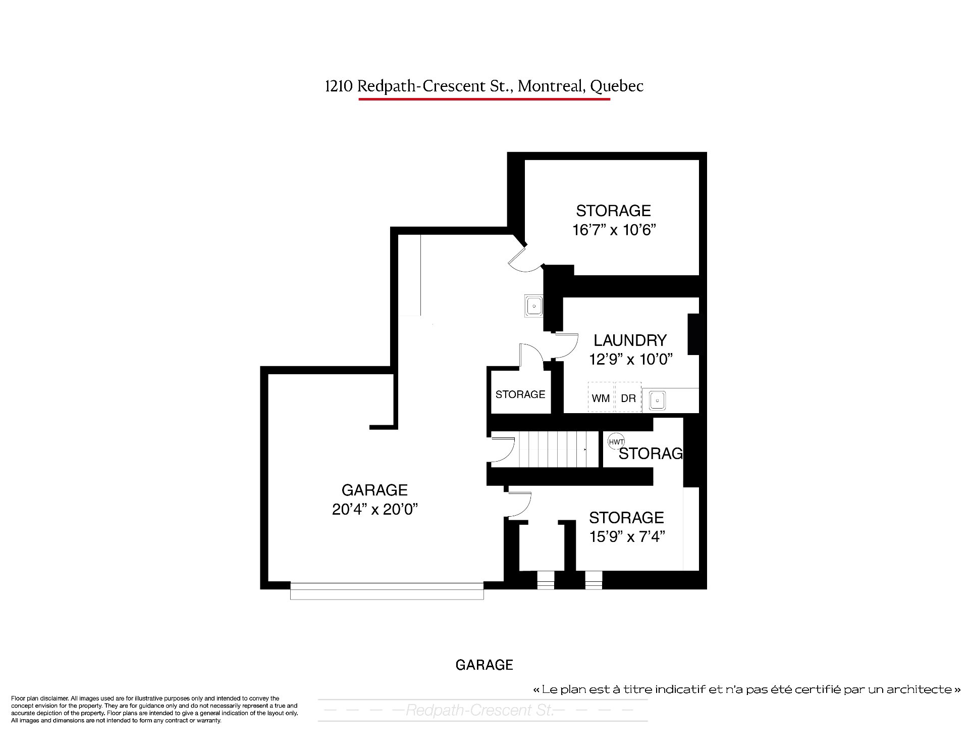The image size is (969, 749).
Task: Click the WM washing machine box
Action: coord(601,397)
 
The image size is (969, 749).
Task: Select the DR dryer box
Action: coord(628,397)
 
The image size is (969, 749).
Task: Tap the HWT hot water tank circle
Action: coord(616,441)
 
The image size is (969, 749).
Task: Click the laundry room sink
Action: coord(658,401)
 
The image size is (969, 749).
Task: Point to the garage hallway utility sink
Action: coord(533,306)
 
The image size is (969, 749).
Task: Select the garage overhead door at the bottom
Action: coord(387,591)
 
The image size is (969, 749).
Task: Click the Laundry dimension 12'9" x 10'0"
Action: coord(631,360)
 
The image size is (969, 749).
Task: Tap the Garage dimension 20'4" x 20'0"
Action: coord(375,509)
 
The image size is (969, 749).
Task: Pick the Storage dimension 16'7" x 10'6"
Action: coord(614,230)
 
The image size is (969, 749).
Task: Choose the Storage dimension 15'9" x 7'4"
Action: coord(627,536)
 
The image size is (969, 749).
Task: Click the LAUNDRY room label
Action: coord(630,340)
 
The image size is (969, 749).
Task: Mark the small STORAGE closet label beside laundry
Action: coord(520,394)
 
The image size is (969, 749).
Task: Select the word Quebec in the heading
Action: coord(617,87)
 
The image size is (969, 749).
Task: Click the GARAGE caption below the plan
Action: coord(484,665)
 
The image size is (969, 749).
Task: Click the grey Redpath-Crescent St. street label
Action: coord(479,711)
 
